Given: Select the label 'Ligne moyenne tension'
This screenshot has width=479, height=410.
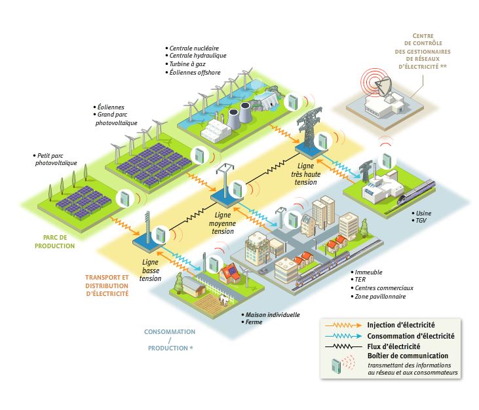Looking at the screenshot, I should pyautogui.click(x=223, y=223).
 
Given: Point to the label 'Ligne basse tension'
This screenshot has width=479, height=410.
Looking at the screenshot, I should pyautogui.click(x=151, y=269).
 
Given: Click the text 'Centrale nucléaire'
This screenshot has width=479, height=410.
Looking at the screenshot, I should pyautogui.click(x=194, y=48).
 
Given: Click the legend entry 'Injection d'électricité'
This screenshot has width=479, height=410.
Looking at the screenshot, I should pyautogui.click(x=401, y=324).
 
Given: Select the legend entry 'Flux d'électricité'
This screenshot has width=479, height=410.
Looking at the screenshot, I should pyautogui.click(x=394, y=346).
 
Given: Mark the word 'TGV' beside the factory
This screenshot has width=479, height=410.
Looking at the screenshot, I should pyautogui.click(x=420, y=222).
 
